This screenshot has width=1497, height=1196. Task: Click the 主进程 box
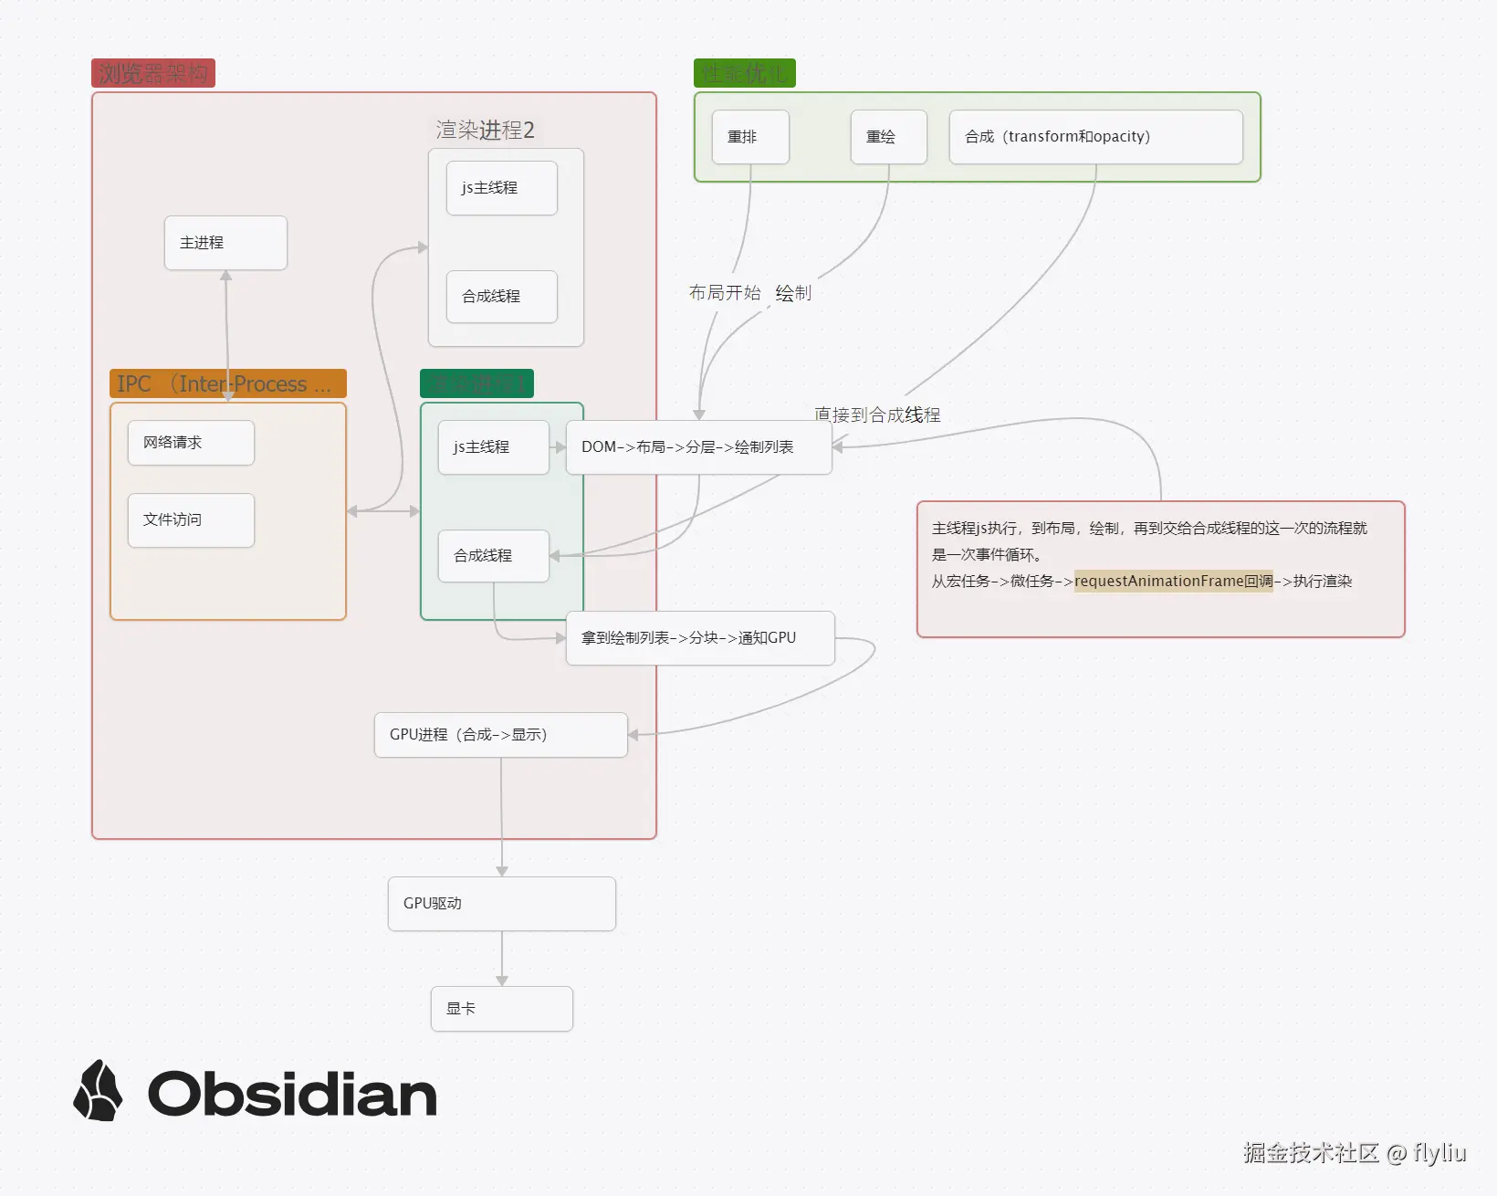point(225,243)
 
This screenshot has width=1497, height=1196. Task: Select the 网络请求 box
point(191,443)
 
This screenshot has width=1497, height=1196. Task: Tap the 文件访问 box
point(191,520)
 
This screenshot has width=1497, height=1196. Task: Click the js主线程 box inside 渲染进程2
point(501,188)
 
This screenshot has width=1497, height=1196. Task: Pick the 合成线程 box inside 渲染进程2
point(501,297)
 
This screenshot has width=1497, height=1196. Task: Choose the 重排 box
point(749,137)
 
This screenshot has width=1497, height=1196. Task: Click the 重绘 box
point(888,137)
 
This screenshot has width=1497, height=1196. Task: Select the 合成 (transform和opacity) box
point(1095,137)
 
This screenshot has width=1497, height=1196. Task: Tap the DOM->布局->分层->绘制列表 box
point(698,447)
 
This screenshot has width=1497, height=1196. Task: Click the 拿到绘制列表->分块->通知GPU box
point(700,638)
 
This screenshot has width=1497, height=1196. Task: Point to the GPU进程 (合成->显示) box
point(500,735)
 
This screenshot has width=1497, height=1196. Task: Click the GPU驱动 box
point(501,904)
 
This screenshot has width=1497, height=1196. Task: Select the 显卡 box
point(501,1009)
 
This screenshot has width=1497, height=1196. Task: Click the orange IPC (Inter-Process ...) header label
point(227,383)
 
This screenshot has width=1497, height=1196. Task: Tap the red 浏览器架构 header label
point(152,73)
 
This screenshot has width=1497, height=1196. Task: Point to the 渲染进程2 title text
point(485,130)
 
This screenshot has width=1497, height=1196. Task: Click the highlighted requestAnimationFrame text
point(1173,582)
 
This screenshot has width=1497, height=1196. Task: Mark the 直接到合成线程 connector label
point(877,414)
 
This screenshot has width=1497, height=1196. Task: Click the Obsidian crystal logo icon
point(98,1091)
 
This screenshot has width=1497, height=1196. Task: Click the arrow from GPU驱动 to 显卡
point(502,959)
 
